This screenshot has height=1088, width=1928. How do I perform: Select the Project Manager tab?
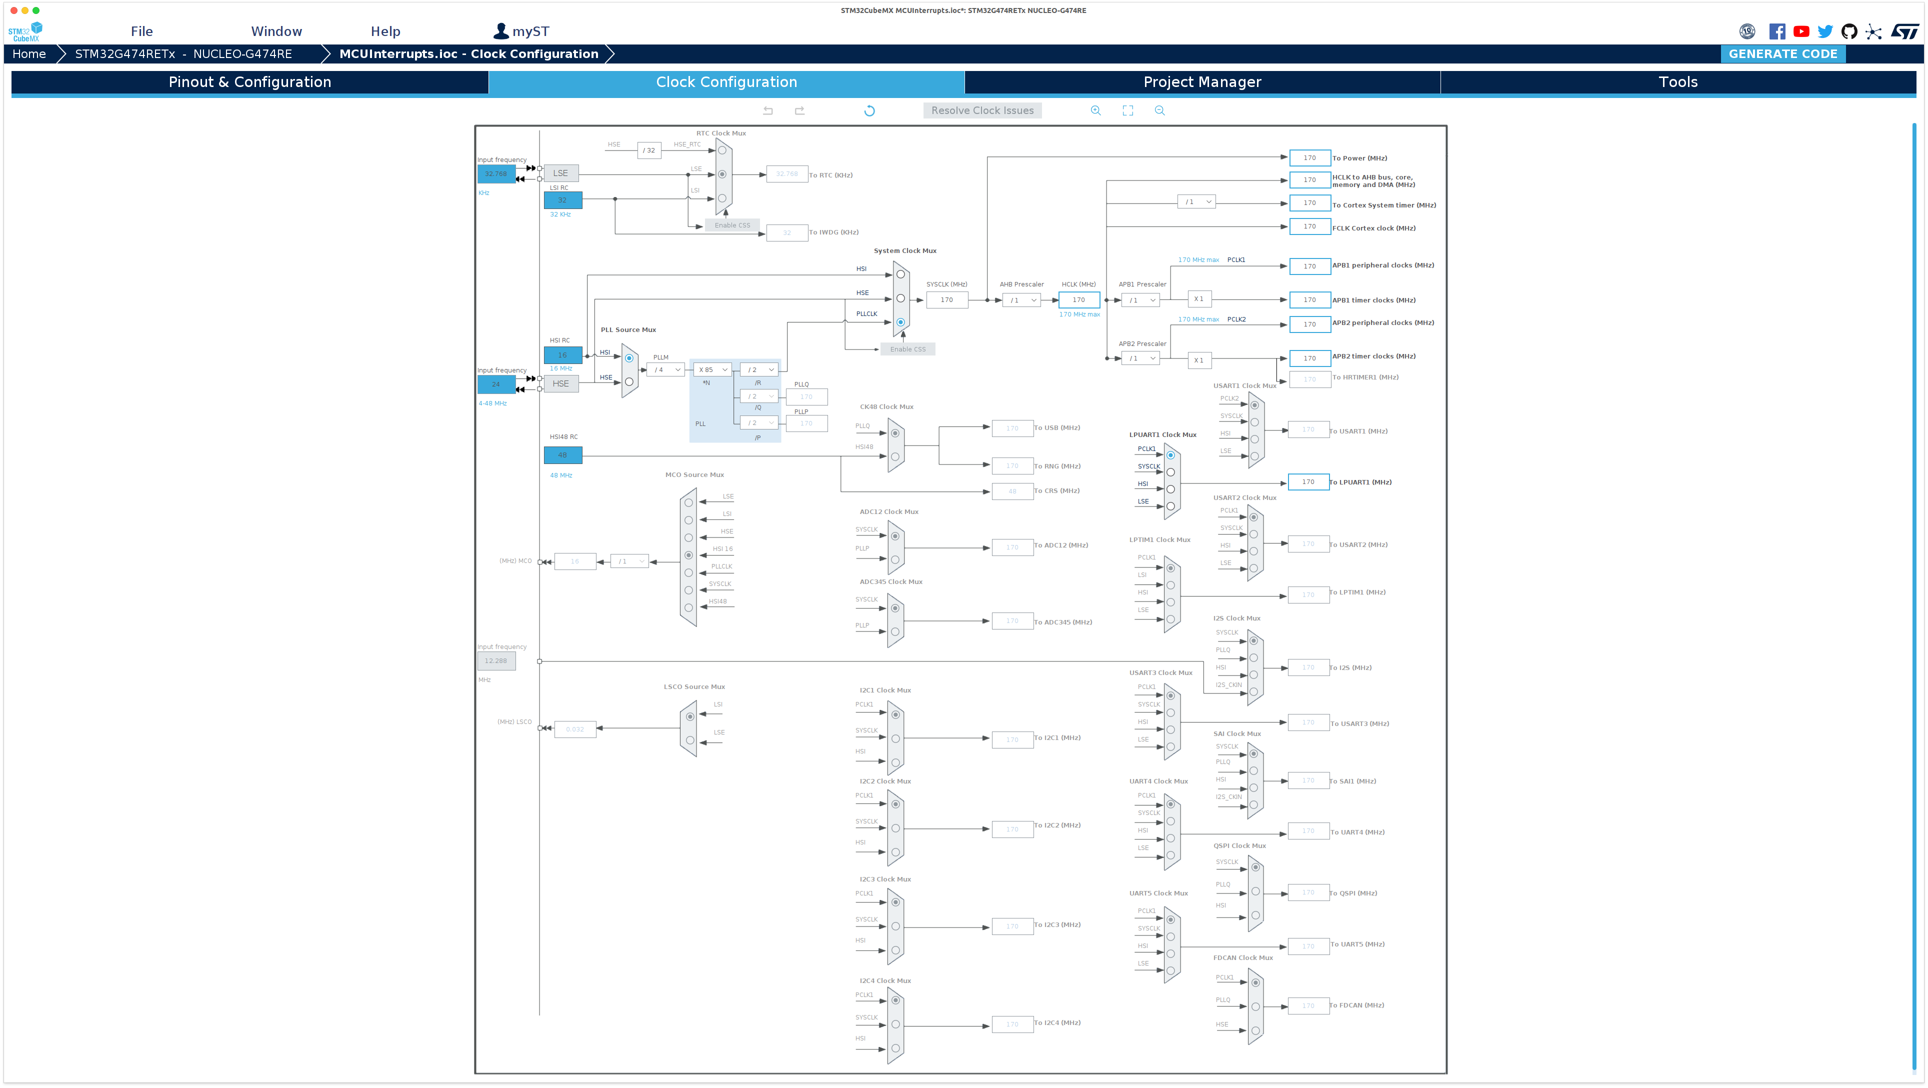tap(1202, 82)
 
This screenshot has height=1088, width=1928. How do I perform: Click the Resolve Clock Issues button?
tap(982, 110)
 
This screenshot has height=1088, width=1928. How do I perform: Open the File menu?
tap(141, 31)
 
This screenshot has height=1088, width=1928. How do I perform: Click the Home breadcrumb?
tap(29, 54)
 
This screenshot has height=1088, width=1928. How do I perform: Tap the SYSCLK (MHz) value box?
tap(947, 300)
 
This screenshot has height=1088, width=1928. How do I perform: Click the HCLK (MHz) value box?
tap(1078, 300)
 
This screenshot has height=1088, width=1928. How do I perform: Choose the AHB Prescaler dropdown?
tap(1021, 300)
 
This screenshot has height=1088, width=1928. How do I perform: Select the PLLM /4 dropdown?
tap(665, 369)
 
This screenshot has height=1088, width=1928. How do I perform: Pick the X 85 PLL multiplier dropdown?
tap(712, 369)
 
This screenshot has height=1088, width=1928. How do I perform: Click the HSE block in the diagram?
tap(560, 384)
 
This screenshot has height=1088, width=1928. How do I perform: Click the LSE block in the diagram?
tap(560, 173)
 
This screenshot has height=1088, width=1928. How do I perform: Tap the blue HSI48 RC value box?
tap(562, 455)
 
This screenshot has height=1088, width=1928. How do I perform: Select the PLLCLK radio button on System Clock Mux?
tap(900, 322)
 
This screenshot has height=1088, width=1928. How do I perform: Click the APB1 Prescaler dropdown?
tap(1140, 300)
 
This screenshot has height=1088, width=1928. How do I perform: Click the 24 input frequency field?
tap(495, 384)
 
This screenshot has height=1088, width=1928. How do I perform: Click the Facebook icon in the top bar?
tap(1777, 31)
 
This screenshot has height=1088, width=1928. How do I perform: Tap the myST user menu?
tap(521, 31)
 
